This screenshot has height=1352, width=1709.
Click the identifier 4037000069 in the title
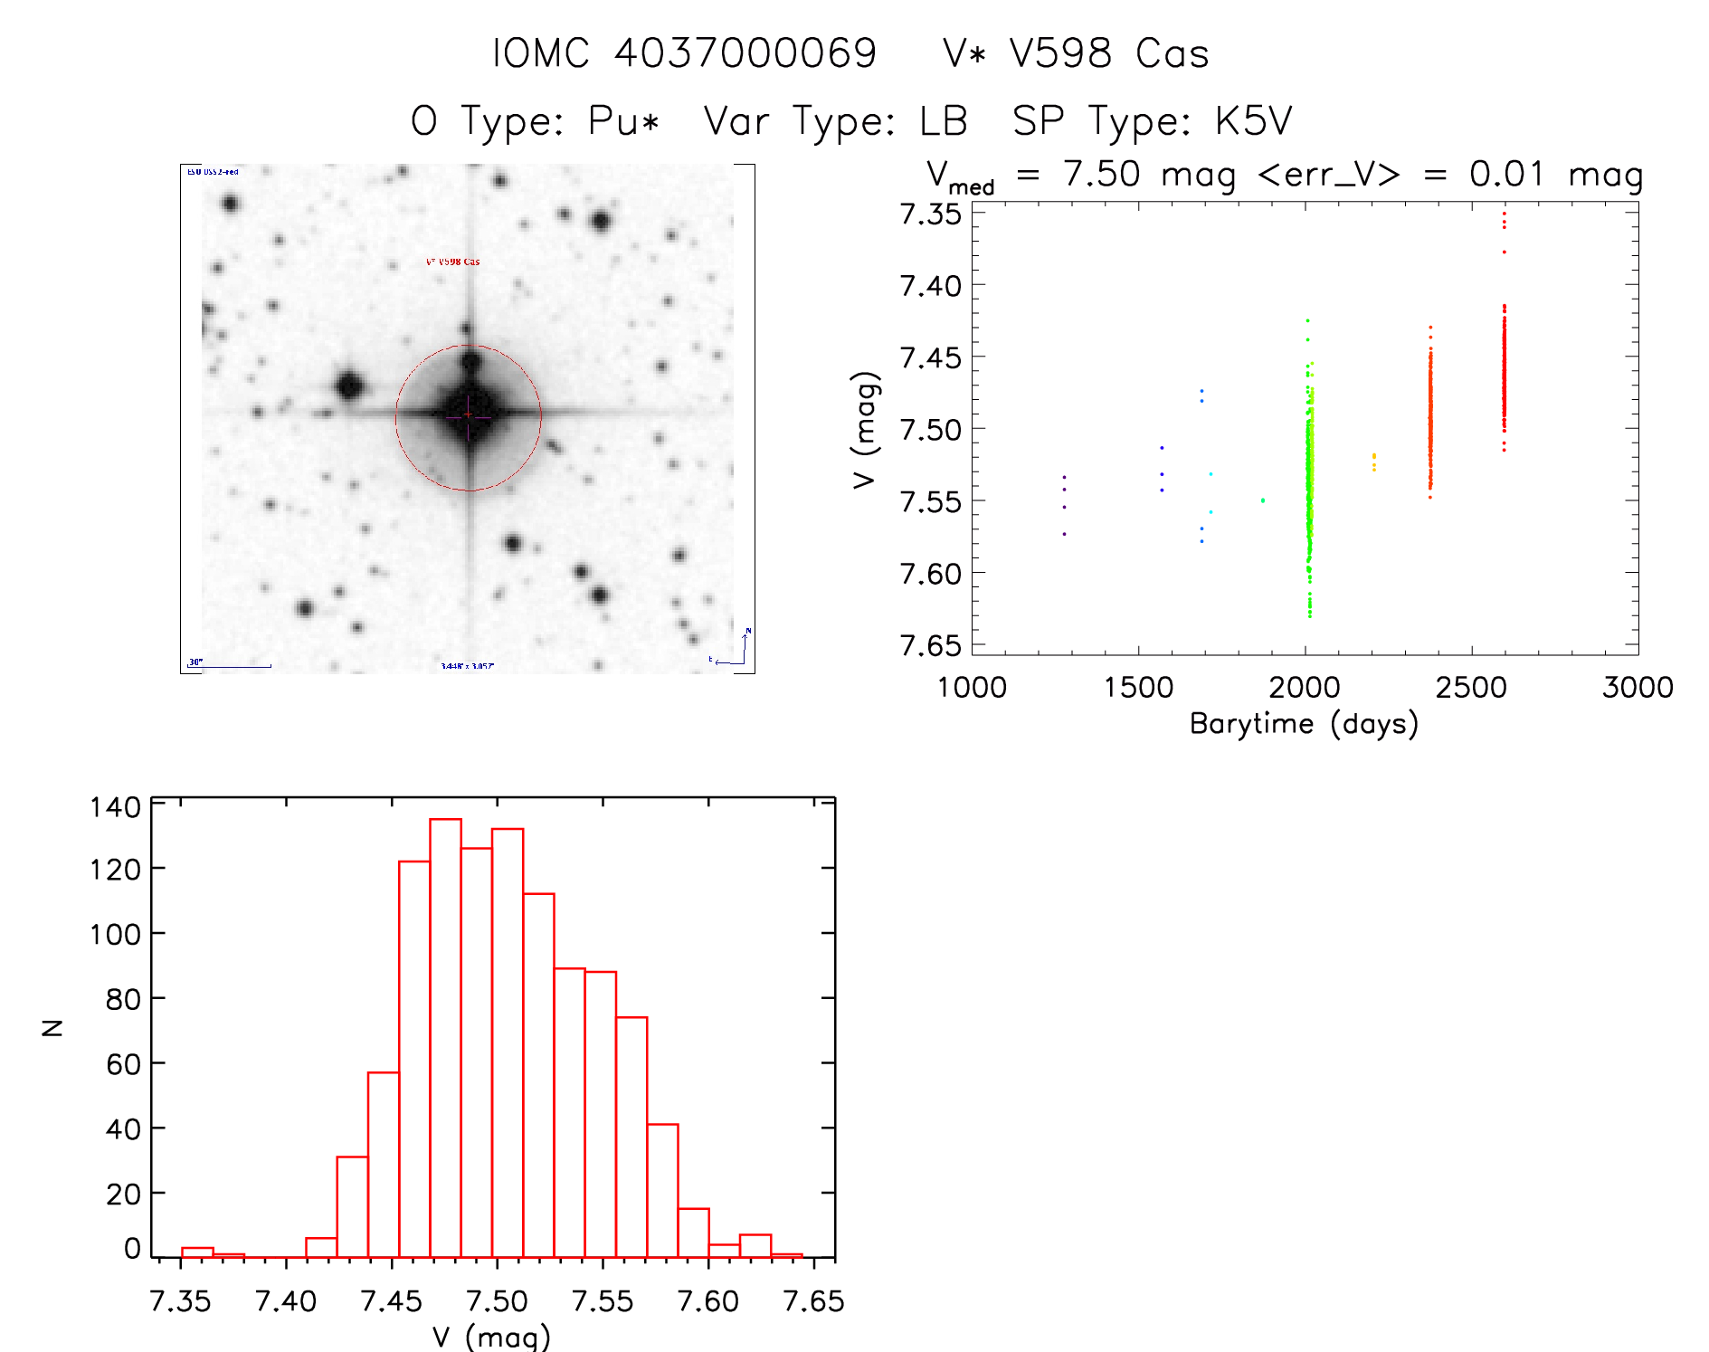pyautogui.click(x=745, y=53)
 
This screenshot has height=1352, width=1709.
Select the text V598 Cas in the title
pyautogui.click(x=1109, y=53)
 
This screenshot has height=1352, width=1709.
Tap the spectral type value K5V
pyautogui.click(x=1253, y=121)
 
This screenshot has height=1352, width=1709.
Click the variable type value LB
pyautogui.click(x=944, y=121)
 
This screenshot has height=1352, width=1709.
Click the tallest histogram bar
pyautogui.click(x=445, y=1037)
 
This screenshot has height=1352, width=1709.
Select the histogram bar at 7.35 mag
pyautogui.click(x=197, y=1252)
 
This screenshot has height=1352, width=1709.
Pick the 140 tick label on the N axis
pyautogui.click(x=115, y=806)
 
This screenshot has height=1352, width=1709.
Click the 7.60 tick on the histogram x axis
pyautogui.click(x=708, y=1301)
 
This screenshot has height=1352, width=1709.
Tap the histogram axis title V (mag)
pyautogui.click(x=491, y=1337)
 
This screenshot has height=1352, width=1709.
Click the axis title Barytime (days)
pyautogui.click(x=1304, y=724)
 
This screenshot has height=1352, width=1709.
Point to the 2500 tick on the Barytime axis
pyautogui.click(x=1471, y=688)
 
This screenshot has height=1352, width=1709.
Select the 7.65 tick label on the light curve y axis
pyautogui.click(x=930, y=645)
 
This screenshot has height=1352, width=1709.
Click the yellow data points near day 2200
pyautogui.click(x=1373, y=462)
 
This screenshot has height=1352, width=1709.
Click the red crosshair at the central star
pyautogui.click(x=468, y=415)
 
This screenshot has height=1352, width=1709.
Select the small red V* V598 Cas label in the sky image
pyautogui.click(x=452, y=262)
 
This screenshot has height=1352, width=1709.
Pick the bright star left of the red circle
pyautogui.click(x=349, y=386)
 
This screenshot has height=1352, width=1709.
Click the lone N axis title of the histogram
pyautogui.click(x=52, y=1028)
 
